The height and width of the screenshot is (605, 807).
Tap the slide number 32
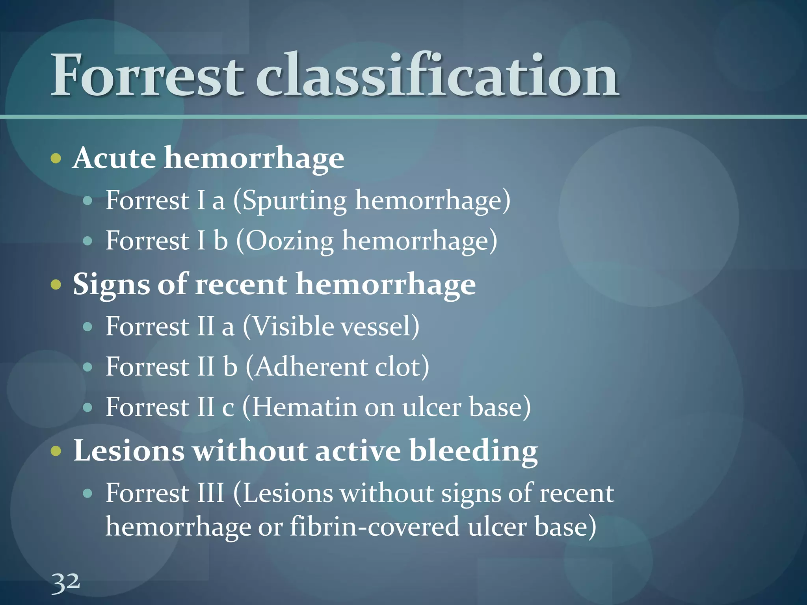[65, 583]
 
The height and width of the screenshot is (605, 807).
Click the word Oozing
[290, 241]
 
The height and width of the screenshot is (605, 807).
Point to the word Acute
[115, 158]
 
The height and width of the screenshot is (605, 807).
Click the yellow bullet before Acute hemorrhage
[56, 159]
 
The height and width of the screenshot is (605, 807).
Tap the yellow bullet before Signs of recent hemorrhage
[56, 284]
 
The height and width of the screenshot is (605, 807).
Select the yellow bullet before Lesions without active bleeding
[56, 451]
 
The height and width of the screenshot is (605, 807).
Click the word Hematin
[303, 407]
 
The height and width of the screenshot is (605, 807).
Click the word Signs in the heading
[111, 285]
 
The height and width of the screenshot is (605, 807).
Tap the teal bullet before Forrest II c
[88, 408]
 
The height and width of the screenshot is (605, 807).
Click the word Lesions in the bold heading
[129, 451]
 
